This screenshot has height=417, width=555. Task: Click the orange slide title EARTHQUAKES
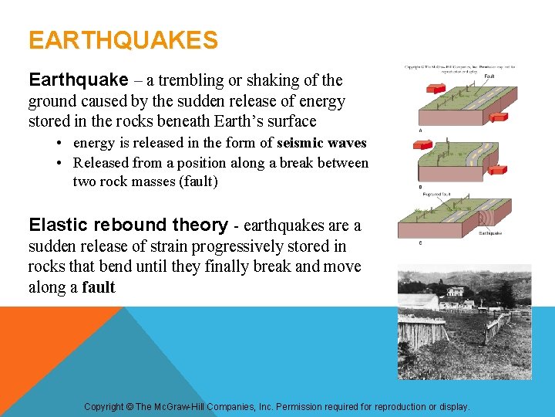pos(123,40)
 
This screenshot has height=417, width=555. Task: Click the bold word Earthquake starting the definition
pos(78,80)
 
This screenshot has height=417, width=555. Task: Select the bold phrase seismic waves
pos(321,143)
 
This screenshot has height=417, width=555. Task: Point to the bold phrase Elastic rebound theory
pos(128,225)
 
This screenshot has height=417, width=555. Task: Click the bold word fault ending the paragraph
pos(99,288)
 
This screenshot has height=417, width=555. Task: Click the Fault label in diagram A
pos(489,76)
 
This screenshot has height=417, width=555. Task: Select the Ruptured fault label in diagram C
pos(437,195)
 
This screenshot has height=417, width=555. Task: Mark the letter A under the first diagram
pos(419,130)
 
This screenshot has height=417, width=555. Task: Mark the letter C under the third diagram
pos(419,243)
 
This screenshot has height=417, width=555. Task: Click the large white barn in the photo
pos(419,302)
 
